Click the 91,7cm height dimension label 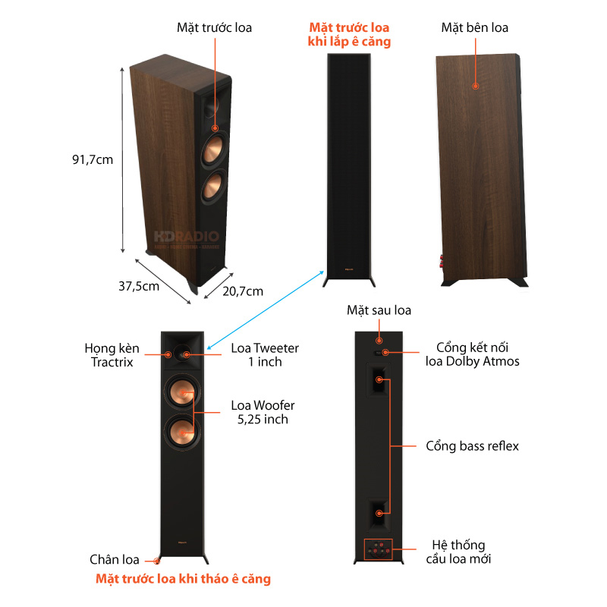(x=92, y=160)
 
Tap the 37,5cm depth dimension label (x=139, y=286)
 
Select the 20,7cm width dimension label (x=243, y=291)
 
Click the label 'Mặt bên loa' (x=475, y=27)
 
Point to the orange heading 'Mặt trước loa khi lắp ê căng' (x=349, y=35)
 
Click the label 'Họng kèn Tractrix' (x=112, y=355)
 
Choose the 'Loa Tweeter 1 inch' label (x=265, y=355)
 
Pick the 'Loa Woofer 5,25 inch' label (x=263, y=412)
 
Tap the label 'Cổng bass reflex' (x=472, y=445)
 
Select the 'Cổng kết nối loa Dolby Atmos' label (x=472, y=354)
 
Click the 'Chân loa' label (x=115, y=560)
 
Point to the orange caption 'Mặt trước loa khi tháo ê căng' (x=183, y=579)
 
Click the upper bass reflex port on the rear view (x=378, y=379)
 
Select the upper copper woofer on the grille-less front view (x=181, y=392)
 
